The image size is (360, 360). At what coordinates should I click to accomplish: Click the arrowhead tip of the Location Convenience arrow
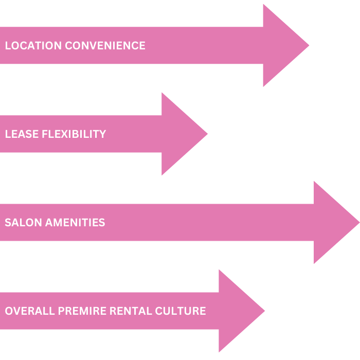tap(308, 46)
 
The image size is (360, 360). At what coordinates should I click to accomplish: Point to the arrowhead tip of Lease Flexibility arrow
tap(207, 134)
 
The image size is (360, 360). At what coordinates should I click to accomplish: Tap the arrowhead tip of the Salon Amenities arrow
tap(358, 223)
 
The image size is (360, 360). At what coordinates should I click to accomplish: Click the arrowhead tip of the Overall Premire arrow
tap(264, 311)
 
